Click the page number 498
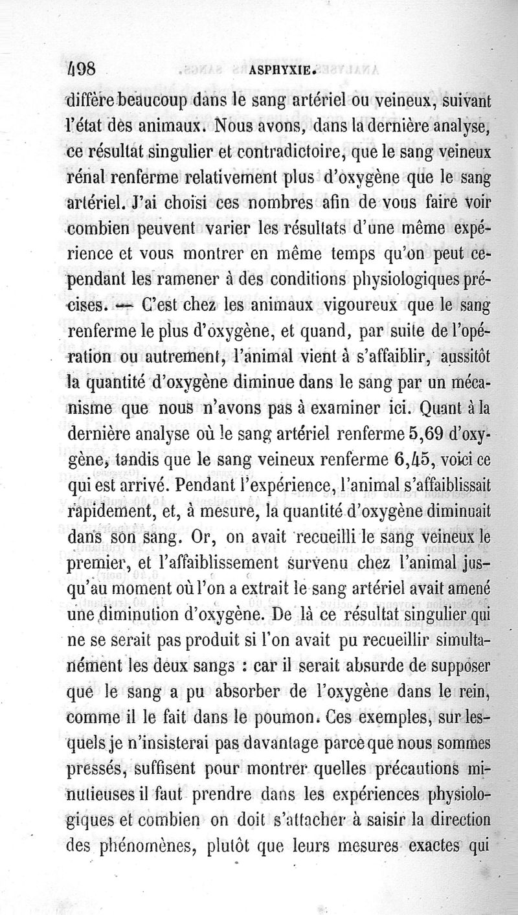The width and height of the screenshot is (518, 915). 82,70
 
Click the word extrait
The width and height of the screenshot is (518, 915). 258,587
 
